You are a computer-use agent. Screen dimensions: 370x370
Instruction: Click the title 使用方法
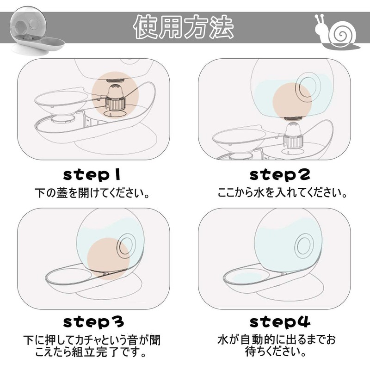point(184,27)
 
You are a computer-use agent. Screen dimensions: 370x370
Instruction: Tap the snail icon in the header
point(337,32)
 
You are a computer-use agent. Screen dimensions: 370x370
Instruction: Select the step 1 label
point(92,176)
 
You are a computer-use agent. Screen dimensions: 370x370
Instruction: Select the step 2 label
point(280,175)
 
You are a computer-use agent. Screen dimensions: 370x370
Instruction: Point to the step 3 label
point(93,322)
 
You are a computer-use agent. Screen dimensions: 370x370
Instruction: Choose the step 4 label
point(280,322)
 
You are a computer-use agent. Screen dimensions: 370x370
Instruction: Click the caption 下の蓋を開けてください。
point(92,193)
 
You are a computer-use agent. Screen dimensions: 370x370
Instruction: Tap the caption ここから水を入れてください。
point(282,193)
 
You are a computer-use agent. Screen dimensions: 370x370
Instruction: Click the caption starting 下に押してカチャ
point(92,346)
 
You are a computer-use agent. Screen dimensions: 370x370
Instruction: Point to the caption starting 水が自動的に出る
point(277,345)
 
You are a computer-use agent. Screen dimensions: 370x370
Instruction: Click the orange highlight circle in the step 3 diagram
point(108,259)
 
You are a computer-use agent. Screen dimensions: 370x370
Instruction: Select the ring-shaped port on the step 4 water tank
point(304,246)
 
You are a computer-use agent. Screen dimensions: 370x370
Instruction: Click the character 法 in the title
point(222,27)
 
